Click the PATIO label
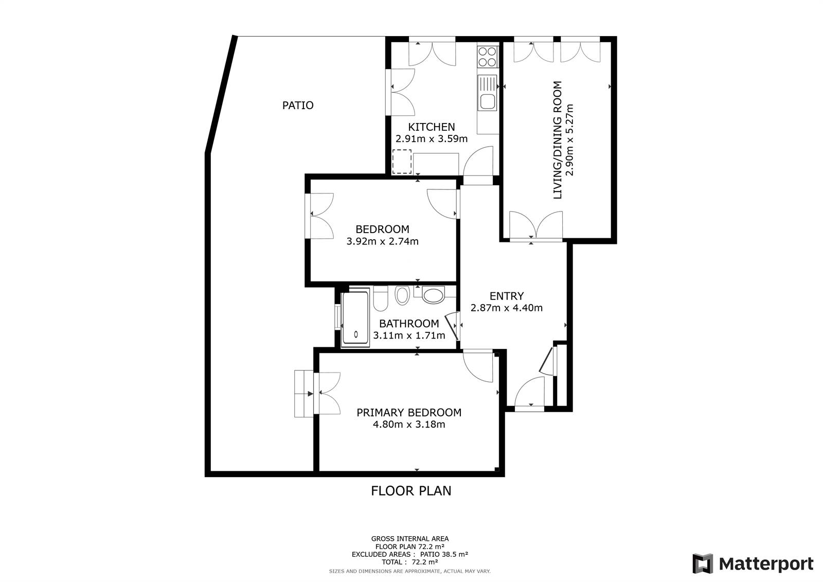(298, 105)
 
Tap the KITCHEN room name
(432, 127)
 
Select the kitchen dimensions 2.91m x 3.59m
(432, 139)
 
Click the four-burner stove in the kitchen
(488, 57)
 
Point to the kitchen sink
(487, 93)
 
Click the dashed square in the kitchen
(402, 162)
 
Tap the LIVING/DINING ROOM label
(558, 140)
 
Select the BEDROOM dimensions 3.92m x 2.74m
(383, 241)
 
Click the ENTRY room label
(507, 296)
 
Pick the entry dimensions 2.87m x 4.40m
(507, 308)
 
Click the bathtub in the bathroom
(355, 319)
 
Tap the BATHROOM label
(409, 324)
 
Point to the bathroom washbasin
(433, 295)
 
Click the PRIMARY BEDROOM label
(409, 413)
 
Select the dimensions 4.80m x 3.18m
(409, 424)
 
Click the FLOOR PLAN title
(411, 491)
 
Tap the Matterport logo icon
(703, 563)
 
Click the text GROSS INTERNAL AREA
(409, 539)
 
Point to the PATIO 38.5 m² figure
(444, 554)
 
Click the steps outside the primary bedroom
(304, 393)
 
